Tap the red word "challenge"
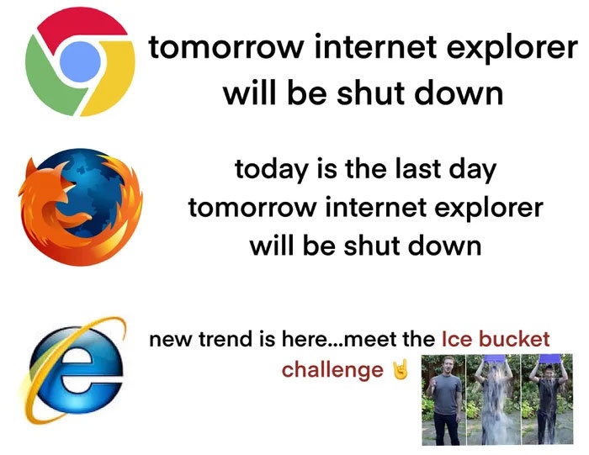pyautogui.click(x=332, y=370)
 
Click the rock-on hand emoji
pyautogui.click(x=400, y=370)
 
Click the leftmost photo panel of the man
pyautogui.click(x=448, y=399)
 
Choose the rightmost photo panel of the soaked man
pyautogui.click(x=548, y=399)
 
